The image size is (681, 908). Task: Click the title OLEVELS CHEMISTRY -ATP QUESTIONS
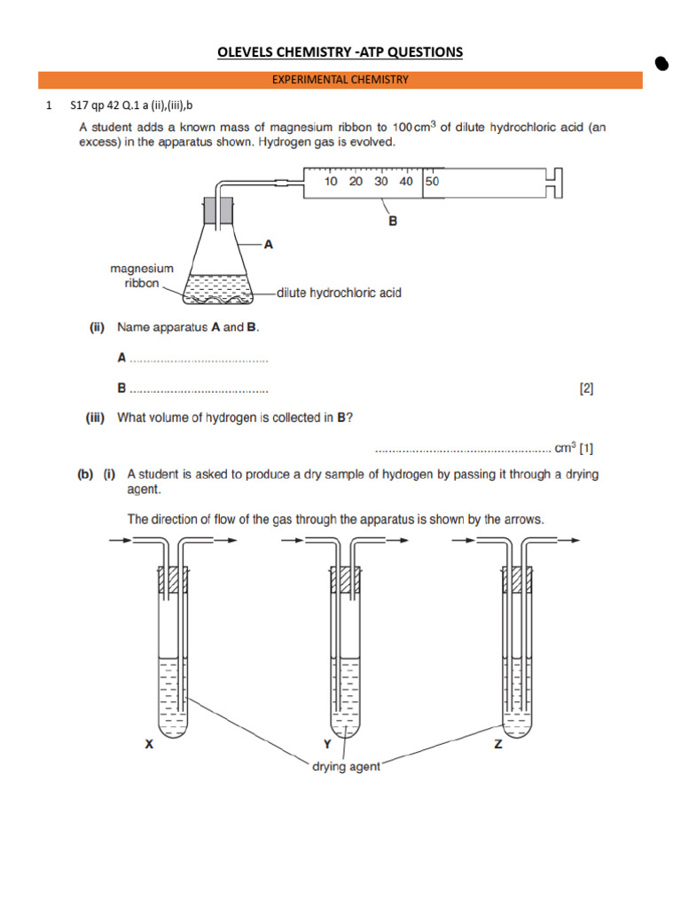coord(340,52)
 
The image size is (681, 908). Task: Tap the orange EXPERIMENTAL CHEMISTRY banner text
coord(340,80)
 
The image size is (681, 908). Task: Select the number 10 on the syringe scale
coord(331,182)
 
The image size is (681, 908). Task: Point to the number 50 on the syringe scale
coord(432,182)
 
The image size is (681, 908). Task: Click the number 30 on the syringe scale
coord(381,182)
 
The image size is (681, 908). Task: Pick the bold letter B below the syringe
coord(393,222)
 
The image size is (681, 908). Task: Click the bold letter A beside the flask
coord(266,242)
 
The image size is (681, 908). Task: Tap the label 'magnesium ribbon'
coord(142,276)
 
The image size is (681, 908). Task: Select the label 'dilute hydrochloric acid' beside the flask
coord(339,293)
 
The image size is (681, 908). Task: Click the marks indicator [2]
coord(586,388)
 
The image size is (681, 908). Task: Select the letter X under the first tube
coord(149,746)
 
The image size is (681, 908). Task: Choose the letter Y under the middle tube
coord(326,746)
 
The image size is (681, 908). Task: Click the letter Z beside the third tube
coord(497,746)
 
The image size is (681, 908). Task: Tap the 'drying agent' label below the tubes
coord(345,766)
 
